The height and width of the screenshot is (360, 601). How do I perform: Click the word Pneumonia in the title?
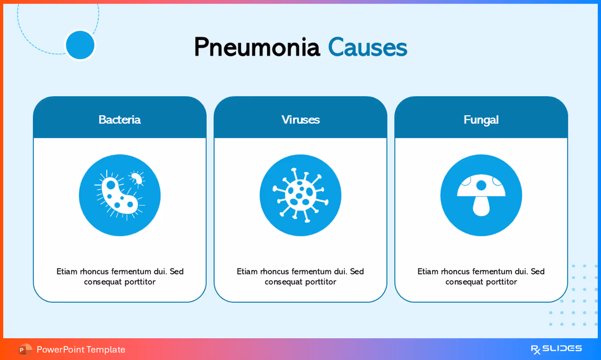[257, 47]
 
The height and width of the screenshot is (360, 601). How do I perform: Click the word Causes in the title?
[367, 47]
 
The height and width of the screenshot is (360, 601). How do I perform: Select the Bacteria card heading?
[119, 119]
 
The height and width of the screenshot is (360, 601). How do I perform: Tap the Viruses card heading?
[300, 119]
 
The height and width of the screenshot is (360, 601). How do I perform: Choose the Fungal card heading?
[481, 119]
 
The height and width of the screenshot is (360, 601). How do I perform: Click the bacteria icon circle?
[119, 195]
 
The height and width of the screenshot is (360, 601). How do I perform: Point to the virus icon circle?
[300, 195]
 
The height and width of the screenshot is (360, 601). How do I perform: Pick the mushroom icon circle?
[481, 195]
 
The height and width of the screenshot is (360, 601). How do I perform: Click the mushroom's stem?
[481, 206]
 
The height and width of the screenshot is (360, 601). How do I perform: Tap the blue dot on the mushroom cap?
[481, 185]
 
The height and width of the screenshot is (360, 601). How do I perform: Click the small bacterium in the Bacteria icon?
[137, 178]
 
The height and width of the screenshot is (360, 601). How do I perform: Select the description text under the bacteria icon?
[120, 276]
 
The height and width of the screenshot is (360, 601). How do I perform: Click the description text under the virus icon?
[300, 276]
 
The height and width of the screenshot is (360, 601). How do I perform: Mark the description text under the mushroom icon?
[481, 276]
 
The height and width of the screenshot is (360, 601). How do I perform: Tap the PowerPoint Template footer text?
[81, 349]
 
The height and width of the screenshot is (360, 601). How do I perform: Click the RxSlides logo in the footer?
[556, 349]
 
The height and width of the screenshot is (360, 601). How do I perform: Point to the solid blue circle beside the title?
[80, 45]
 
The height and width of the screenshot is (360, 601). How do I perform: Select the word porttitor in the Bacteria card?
[140, 282]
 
